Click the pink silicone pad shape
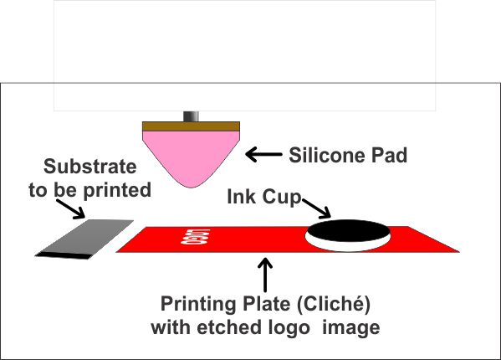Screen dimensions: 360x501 pos(192,155)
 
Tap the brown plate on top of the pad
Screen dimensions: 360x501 pos(192,126)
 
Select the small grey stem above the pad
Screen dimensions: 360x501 pos(192,115)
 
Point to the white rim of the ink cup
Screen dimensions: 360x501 pos(349,244)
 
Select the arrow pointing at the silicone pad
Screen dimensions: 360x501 pos(261,154)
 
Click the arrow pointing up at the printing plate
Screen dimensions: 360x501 pos(266,274)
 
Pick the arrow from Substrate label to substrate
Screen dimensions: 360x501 pos(79,209)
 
